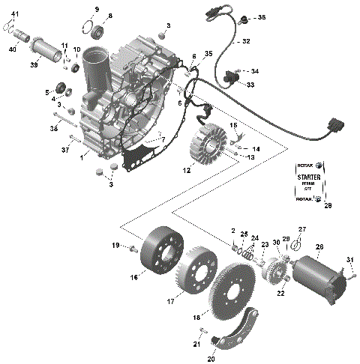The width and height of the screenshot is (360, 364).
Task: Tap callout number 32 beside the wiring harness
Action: point(245,42)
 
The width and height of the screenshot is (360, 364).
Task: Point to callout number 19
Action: point(115,245)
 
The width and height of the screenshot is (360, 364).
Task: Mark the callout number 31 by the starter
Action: point(349,259)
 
